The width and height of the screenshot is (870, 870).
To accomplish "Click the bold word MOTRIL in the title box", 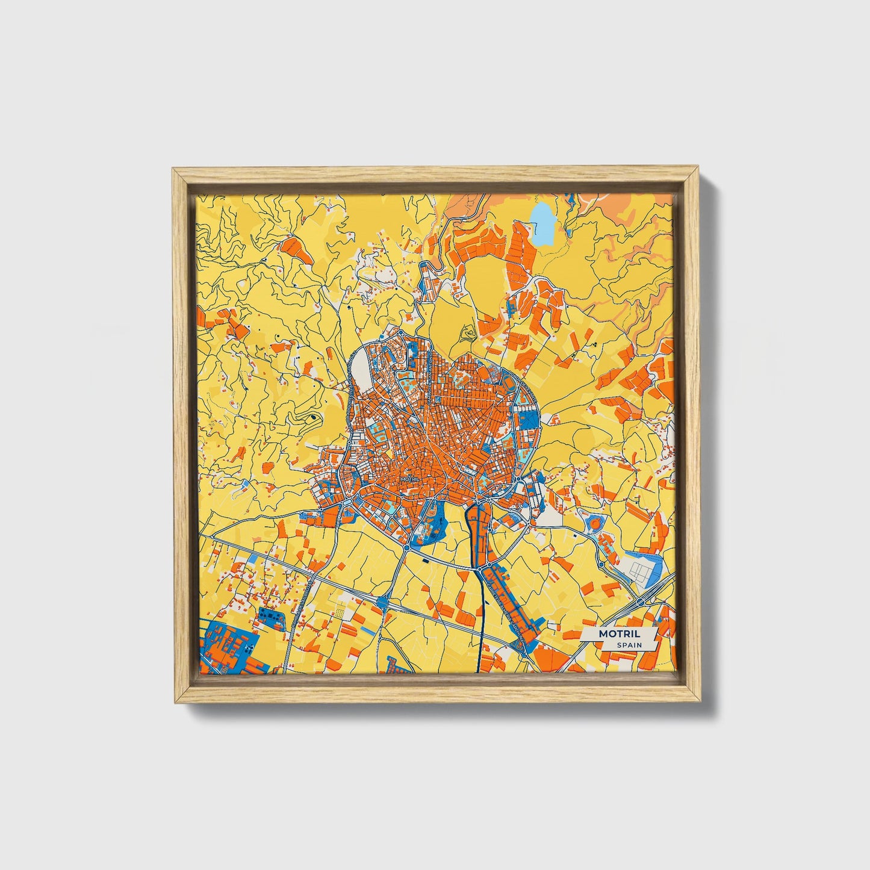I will (x=619, y=634).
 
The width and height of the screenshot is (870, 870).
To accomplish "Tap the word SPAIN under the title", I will (x=629, y=645).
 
